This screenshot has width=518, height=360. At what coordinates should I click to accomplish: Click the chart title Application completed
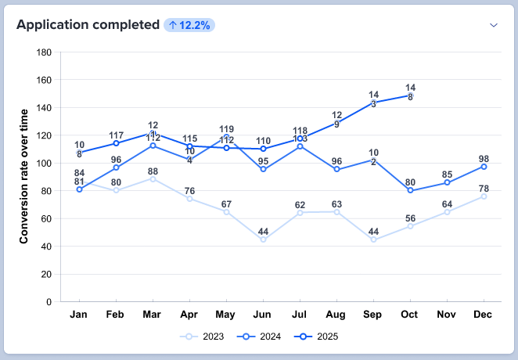coord(88,25)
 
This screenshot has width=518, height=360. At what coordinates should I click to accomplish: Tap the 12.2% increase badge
coord(190,25)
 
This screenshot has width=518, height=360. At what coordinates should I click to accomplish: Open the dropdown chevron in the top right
coord(494,25)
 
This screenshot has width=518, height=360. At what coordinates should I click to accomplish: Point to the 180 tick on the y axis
coord(45,52)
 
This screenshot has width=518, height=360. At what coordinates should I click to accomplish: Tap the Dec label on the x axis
coord(483,315)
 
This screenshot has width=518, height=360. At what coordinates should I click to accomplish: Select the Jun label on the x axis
coord(263,315)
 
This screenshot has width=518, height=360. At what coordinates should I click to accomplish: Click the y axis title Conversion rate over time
coord(24,176)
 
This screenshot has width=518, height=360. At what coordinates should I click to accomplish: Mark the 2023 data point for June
coord(263,239)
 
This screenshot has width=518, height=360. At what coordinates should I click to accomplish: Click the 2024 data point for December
coord(483,167)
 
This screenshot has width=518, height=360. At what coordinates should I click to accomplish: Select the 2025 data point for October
coord(410,95)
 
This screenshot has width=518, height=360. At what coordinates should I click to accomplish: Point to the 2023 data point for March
coord(153,179)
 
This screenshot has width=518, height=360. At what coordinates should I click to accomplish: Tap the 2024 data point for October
coord(410,190)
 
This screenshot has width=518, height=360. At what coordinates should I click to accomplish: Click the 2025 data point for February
coord(116,143)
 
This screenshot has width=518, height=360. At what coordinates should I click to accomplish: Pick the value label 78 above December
coord(483,189)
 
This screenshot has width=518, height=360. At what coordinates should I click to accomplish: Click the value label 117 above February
coord(116,135)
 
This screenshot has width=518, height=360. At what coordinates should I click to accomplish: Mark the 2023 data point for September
coord(373,239)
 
